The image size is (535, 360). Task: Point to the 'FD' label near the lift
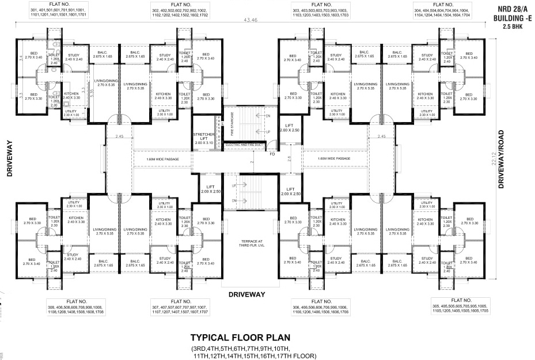click(x=272, y=154)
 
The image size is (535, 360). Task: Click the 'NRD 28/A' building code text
click(x=510, y=9)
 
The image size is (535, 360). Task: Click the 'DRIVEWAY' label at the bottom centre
click(x=246, y=294)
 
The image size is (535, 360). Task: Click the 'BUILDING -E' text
click(x=510, y=18)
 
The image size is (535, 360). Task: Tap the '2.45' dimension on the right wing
click(x=381, y=137)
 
